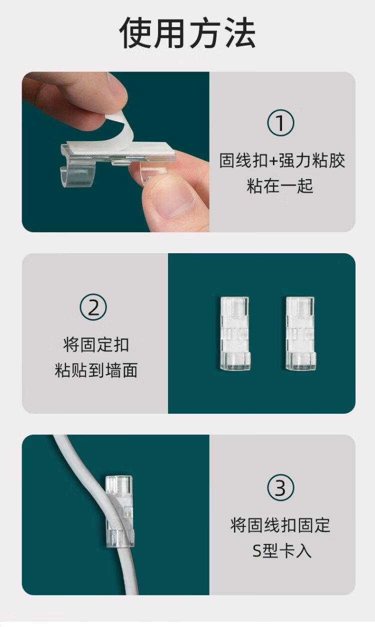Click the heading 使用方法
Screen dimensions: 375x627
(187, 33)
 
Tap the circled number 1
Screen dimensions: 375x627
(280, 123)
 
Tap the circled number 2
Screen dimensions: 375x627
(93, 307)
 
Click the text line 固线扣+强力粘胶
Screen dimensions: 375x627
(282, 161)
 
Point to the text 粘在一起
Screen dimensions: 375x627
(279, 186)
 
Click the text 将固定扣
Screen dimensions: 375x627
(96, 345)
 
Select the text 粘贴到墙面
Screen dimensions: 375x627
(96, 370)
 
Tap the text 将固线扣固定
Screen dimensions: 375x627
(280, 525)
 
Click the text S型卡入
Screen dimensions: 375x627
(282, 550)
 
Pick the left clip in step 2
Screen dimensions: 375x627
(235, 334)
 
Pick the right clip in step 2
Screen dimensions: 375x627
(300, 334)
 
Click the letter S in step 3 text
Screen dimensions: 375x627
(257, 551)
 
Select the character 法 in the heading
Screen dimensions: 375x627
(239, 33)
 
